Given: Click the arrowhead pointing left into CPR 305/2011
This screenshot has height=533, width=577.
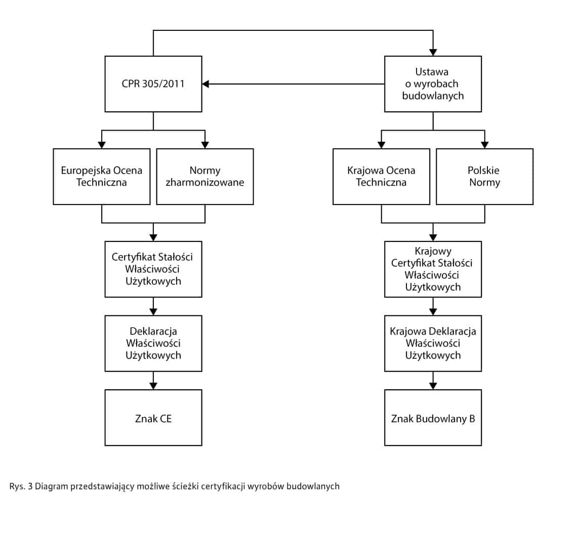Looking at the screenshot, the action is pyautogui.click(x=205, y=84).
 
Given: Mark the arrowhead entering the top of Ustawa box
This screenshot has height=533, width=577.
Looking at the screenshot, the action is pyautogui.click(x=433, y=52).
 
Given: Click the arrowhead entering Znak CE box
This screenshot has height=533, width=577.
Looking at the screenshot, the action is pyautogui.click(x=153, y=386).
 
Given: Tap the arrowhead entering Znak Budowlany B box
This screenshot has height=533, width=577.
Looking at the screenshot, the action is pyautogui.click(x=433, y=386).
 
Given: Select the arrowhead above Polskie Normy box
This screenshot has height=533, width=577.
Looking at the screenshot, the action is pyautogui.click(x=485, y=145).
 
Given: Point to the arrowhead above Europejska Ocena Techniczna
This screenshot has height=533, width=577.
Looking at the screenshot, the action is pyautogui.click(x=102, y=145).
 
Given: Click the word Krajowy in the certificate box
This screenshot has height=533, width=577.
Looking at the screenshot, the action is pyautogui.click(x=433, y=252).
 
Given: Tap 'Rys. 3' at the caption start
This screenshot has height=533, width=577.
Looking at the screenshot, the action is pyautogui.click(x=21, y=486).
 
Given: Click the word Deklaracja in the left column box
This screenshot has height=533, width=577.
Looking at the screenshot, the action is pyautogui.click(x=153, y=331).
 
